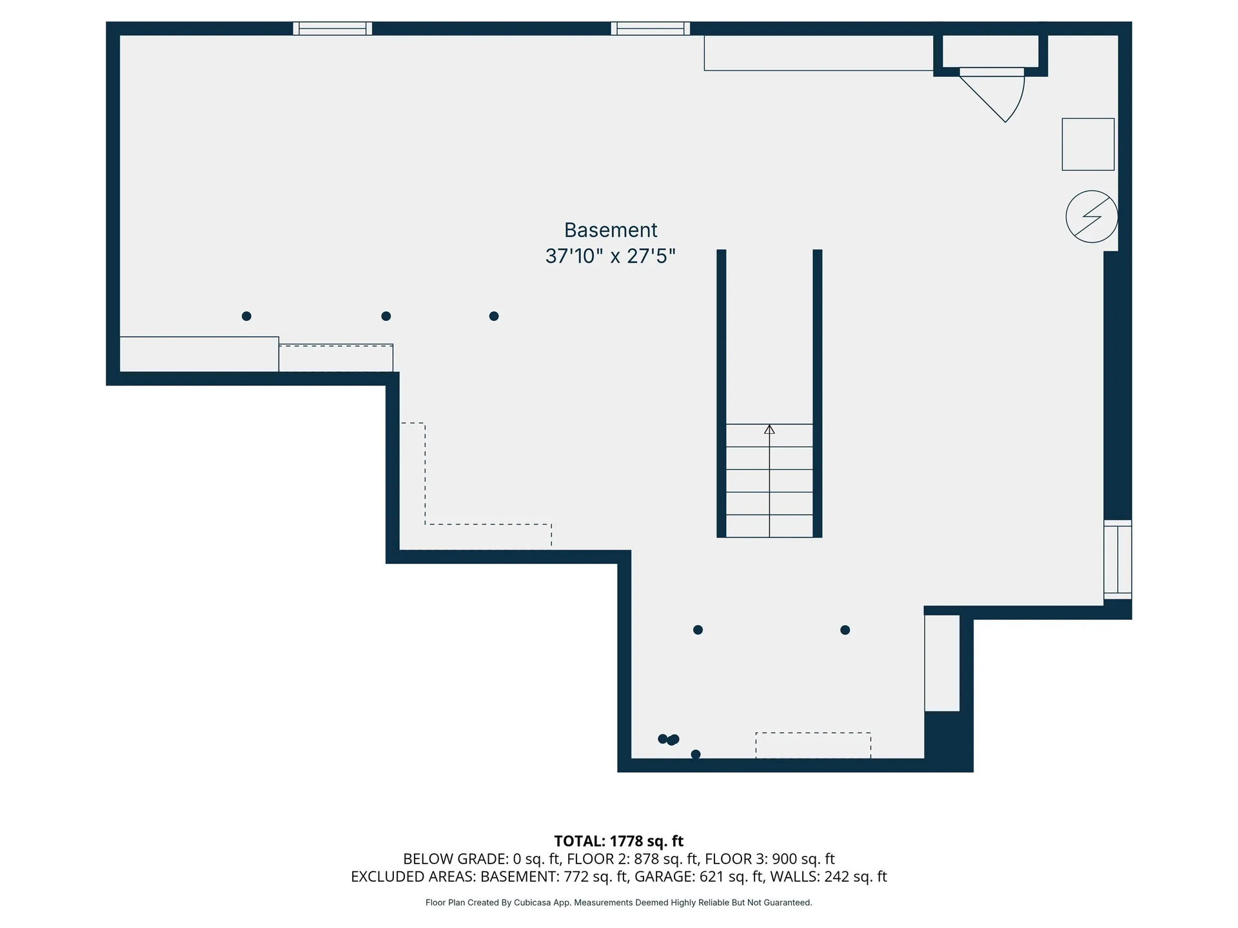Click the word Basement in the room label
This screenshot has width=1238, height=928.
(610, 230)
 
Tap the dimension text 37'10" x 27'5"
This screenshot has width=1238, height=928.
(610, 256)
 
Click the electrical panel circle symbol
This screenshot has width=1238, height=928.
(1091, 217)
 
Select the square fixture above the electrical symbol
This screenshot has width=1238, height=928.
(1088, 144)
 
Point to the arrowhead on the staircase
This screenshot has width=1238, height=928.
(769, 429)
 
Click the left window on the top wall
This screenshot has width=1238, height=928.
(332, 28)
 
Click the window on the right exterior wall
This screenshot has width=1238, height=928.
(1117, 559)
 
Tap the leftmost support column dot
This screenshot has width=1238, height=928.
(246, 316)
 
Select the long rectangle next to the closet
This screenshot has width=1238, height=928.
(818, 53)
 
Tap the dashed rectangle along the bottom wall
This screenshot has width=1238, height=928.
(813, 746)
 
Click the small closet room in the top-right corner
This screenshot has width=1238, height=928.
(990, 51)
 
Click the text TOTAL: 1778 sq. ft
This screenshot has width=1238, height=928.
(618, 841)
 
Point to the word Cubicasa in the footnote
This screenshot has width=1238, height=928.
(533, 903)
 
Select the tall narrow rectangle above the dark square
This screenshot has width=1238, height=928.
(942, 663)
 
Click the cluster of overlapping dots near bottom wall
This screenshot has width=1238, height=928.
(669, 739)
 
